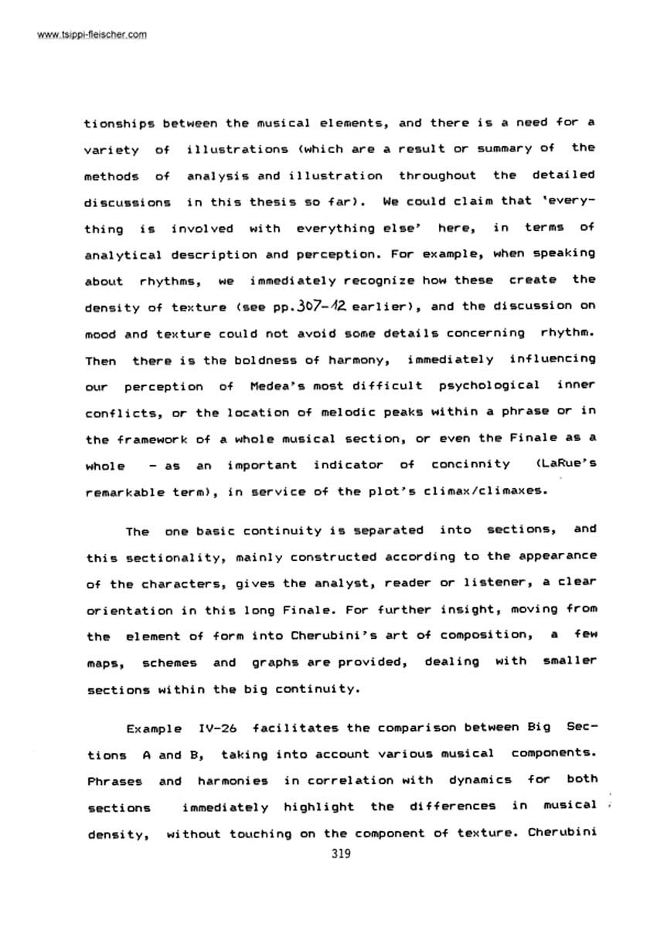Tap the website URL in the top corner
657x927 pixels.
point(81,35)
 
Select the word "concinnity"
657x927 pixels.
point(471,464)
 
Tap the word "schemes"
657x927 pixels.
point(169,662)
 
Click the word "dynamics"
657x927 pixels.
point(482,779)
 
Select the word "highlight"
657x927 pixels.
point(318,807)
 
